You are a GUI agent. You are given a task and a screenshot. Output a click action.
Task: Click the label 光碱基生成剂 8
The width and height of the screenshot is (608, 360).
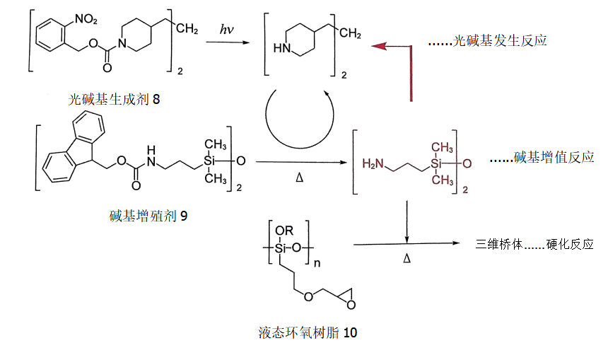113,100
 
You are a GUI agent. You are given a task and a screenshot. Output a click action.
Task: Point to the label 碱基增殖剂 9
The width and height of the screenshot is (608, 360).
148,216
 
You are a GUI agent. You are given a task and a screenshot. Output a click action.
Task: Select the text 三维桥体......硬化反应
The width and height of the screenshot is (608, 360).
534,244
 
